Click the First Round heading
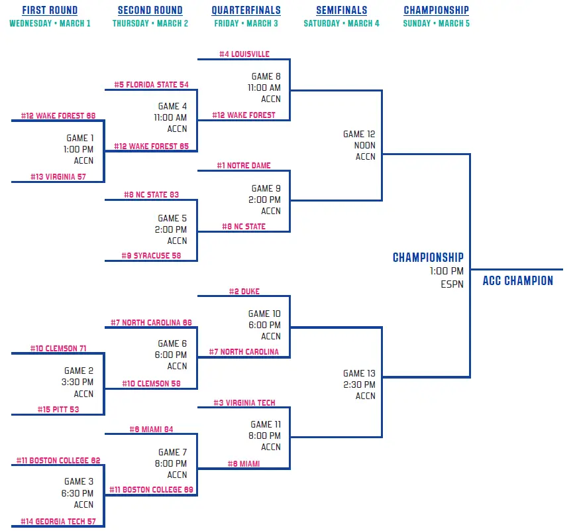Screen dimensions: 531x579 (50, 11)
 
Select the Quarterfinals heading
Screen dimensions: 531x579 (246, 11)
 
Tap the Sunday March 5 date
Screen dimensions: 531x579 (436, 23)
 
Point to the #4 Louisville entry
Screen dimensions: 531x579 (244, 54)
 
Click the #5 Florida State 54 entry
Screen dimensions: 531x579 (151, 85)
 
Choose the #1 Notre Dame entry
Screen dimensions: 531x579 (244, 166)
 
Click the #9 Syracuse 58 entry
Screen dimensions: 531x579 (151, 255)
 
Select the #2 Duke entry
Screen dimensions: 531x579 (244, 291)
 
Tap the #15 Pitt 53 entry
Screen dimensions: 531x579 (58, 409)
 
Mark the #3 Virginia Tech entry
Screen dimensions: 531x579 (244, 403)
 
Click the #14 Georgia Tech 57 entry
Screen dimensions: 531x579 (58, 522)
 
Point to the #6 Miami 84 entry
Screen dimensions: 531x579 (151, 430)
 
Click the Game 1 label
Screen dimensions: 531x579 (80, 138)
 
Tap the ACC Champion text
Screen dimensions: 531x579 (517, 280)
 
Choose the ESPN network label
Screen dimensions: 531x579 (452, 284)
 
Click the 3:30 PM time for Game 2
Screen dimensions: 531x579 (79, 382)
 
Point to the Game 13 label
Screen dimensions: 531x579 (359, 373)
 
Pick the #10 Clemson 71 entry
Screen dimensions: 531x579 (58, 348)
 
